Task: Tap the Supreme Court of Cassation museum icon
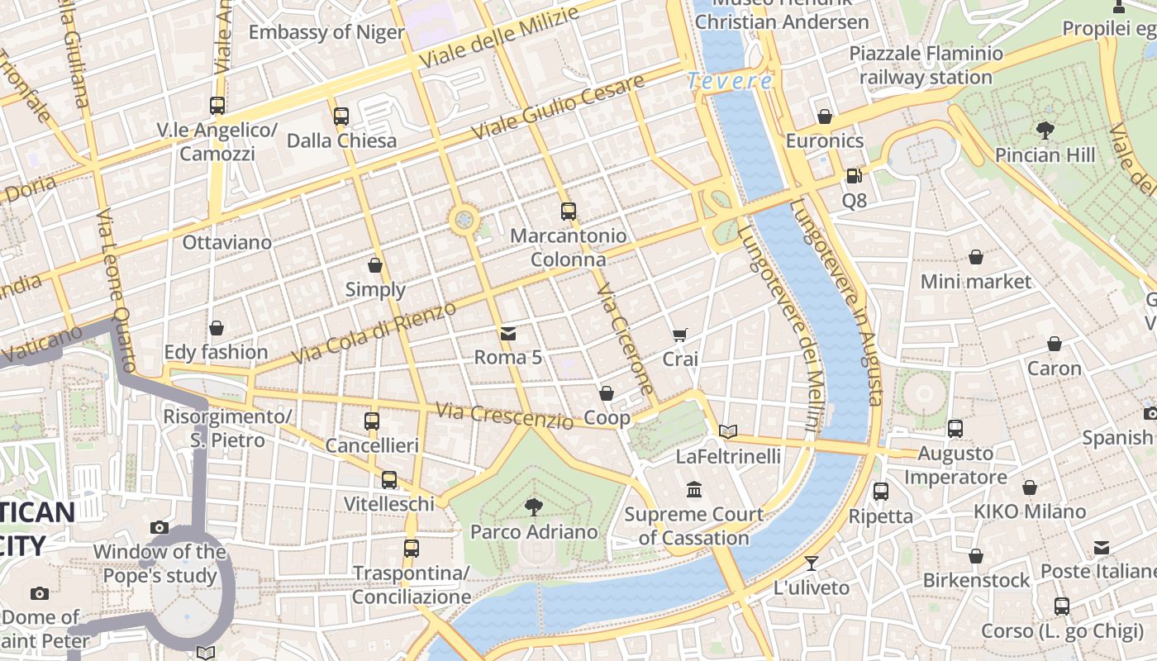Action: click(694, 490)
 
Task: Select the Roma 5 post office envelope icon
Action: click(508, 334)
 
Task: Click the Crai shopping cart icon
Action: click(680, 335)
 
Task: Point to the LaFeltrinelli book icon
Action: click(727, 431)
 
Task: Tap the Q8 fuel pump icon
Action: click(854, 175)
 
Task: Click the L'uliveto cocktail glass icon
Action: click(812, 564)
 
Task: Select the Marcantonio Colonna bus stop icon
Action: click(568, 211)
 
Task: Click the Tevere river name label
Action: click(730, 81)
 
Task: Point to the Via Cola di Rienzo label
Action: click(374, 334)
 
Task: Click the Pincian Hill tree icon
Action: click(1045, 130)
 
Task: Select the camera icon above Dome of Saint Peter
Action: click(39, 593)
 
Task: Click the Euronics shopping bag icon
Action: click(824, 117)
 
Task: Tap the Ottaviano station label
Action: click(226, 242)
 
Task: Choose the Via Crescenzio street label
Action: click(504, 416)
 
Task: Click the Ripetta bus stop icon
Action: click(881, 492)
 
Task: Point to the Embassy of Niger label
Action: click(326, 32)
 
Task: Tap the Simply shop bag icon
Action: click(375, 265)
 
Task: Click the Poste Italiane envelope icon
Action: click(1102, 548)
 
